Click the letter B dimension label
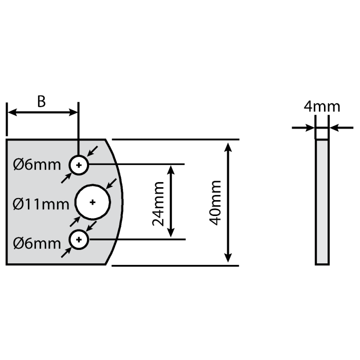[42, 101]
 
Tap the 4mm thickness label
[321, 106]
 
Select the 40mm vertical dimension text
[216, 202]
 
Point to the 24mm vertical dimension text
[158, 202]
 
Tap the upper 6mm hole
[79, 165]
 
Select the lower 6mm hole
[79, 239]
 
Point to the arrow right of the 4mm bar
[334, 127]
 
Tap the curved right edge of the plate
[123, 202]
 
